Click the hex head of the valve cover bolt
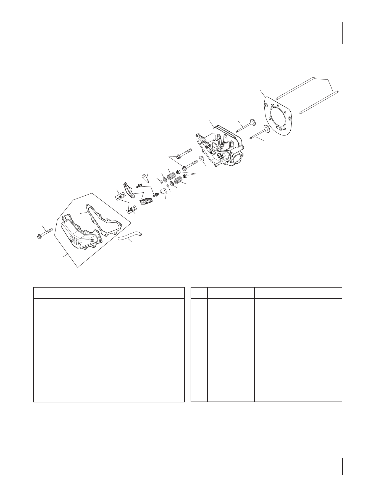pyautogui.click(x=40, y=237)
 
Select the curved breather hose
pyautogui.click(x=130, y=237)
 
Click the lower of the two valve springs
pyautogui.click(x=178, y=180)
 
